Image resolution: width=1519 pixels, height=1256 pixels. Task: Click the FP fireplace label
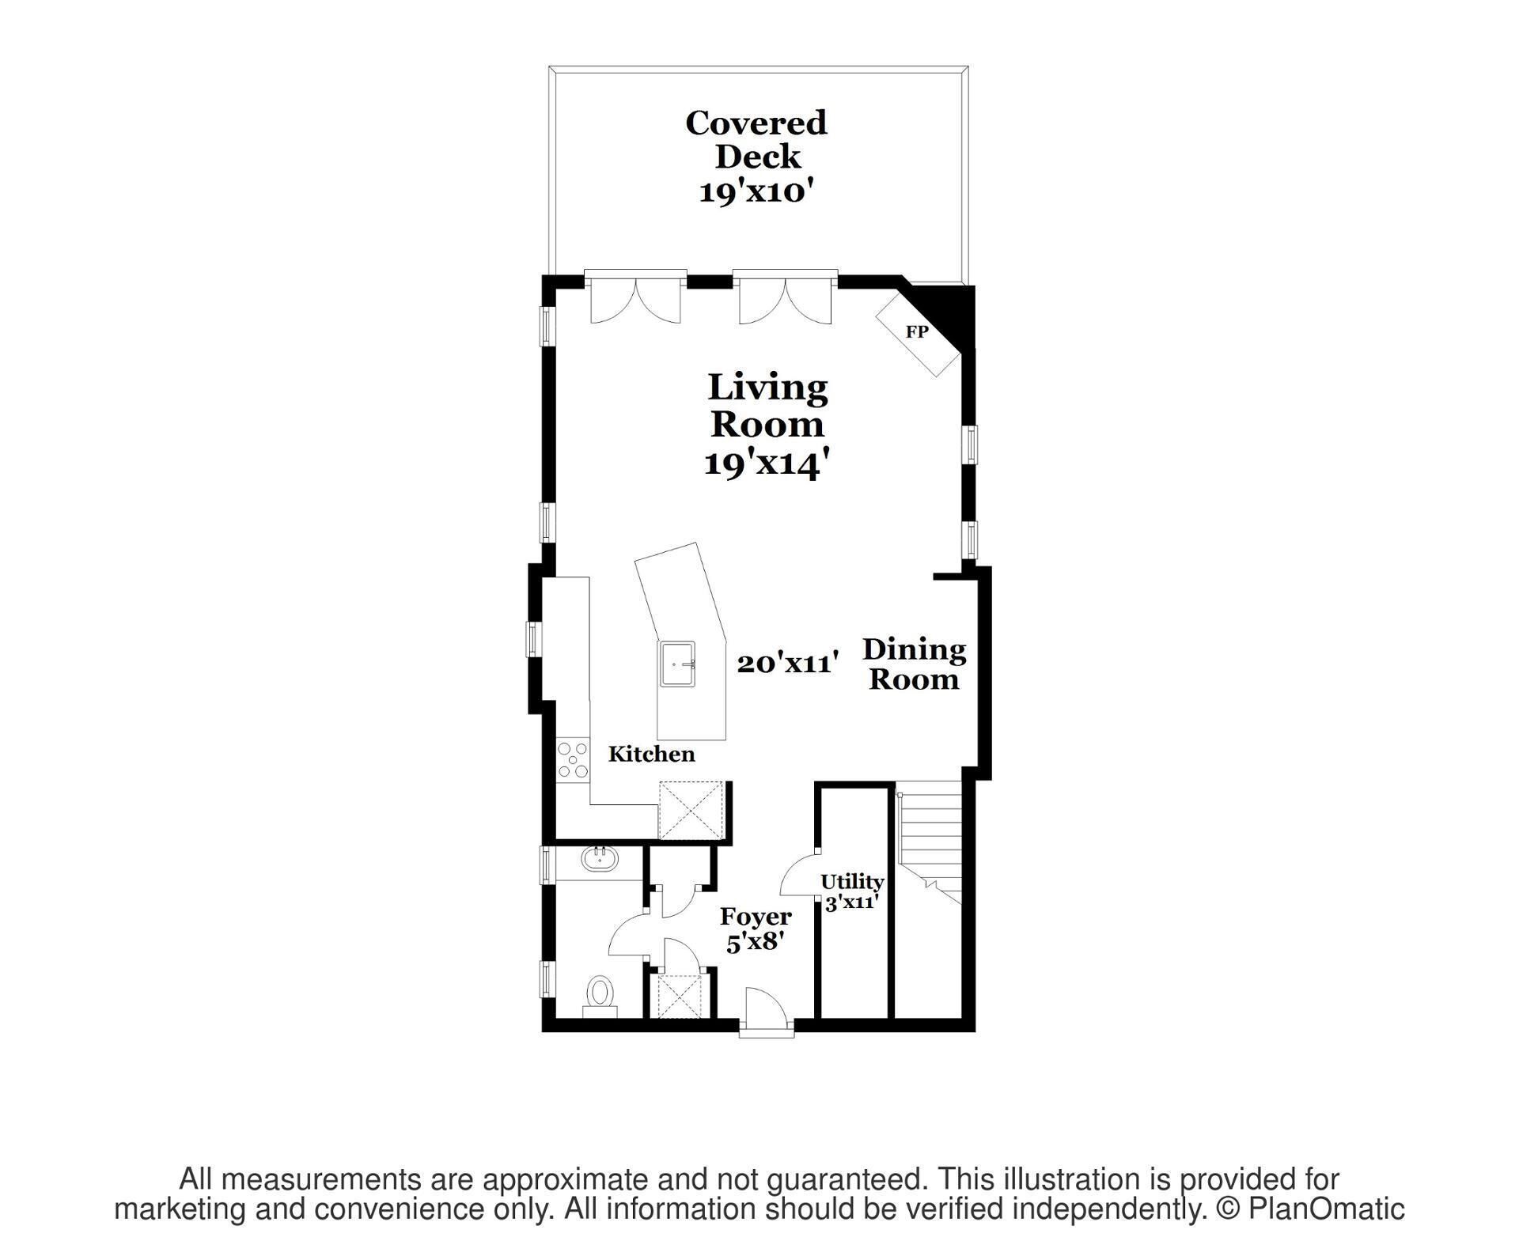point(917,333)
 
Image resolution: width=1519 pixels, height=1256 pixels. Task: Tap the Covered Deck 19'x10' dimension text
point(756,191)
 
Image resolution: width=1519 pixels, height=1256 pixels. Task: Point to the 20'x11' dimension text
point(787,663)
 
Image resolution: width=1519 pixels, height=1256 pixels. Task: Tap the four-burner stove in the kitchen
point(573,759)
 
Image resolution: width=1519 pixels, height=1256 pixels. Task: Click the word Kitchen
point(651,754)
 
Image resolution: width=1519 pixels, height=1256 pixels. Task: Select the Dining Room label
point(915,664)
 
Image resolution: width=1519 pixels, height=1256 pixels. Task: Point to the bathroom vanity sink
point(599,859)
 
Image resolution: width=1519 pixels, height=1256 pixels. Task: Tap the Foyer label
point(756,917)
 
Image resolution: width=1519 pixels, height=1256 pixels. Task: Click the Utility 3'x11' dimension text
point(852,902)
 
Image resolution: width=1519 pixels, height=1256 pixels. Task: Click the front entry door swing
point(765,1008)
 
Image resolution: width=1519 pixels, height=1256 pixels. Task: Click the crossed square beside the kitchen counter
point(692,810)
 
